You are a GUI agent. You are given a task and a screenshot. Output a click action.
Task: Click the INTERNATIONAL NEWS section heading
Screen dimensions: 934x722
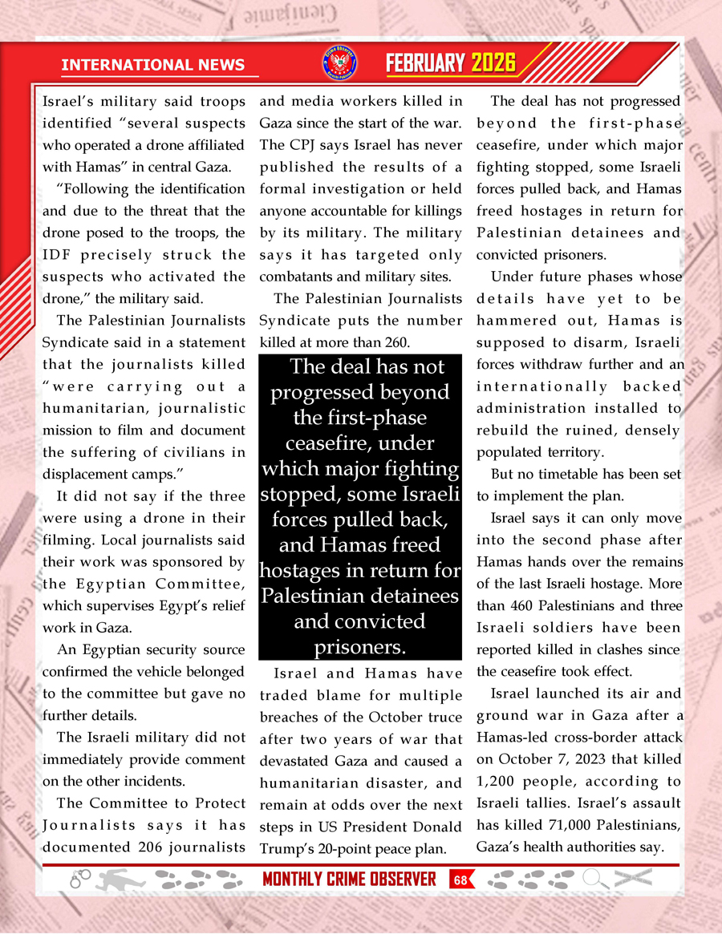pyautogui.click(x=160, y=64)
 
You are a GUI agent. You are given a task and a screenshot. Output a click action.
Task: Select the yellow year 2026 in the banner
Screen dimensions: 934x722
pyautogui.click(x=493, y=63)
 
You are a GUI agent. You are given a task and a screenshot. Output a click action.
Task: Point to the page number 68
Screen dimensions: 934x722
pyautogui.click(x=460, y=879)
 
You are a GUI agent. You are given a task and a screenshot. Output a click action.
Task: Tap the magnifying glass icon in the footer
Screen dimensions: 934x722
pyautogui.click(x=594, y=879)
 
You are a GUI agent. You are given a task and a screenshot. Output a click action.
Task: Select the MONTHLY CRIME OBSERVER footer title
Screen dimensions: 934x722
pyautogui.click(x=350, y=879)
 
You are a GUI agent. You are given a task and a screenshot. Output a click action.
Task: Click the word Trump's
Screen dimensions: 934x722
pyautogui.click(x=284, y=847)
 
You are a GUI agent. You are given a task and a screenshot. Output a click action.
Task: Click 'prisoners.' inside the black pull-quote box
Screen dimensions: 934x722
pyautogui.click(x=359, y=646)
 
